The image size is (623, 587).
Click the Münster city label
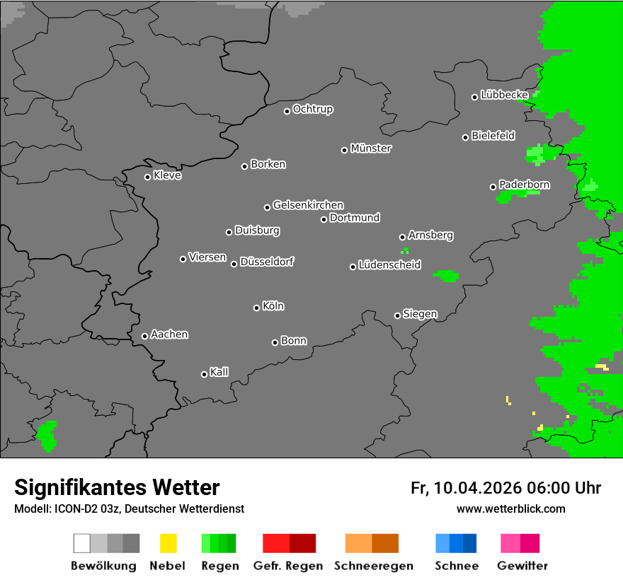point(371,149)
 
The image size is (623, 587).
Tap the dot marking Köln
point(256,308)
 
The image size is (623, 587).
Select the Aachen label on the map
point(169,335)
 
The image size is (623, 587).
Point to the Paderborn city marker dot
point(493,187)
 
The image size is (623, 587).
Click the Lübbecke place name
point(504,95)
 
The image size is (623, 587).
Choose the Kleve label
point(167,175)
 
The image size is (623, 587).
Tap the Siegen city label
point(420,314)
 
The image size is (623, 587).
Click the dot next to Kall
point(205,374)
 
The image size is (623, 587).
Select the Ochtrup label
point(313,110)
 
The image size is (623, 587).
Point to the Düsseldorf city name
point(267,262)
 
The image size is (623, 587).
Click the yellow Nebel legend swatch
point(168,543)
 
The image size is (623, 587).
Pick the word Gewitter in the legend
point(522,566)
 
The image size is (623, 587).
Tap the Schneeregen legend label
point(373,566)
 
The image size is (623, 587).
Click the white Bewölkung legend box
point(82,543)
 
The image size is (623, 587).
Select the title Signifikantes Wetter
point(117,487)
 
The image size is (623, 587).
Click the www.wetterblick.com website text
point(511,508)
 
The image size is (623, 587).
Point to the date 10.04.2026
point(478,488)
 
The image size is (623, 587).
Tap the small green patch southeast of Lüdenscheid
point(446,275)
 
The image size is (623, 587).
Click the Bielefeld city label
point(493,136)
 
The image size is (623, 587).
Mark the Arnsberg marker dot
point(402,237)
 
